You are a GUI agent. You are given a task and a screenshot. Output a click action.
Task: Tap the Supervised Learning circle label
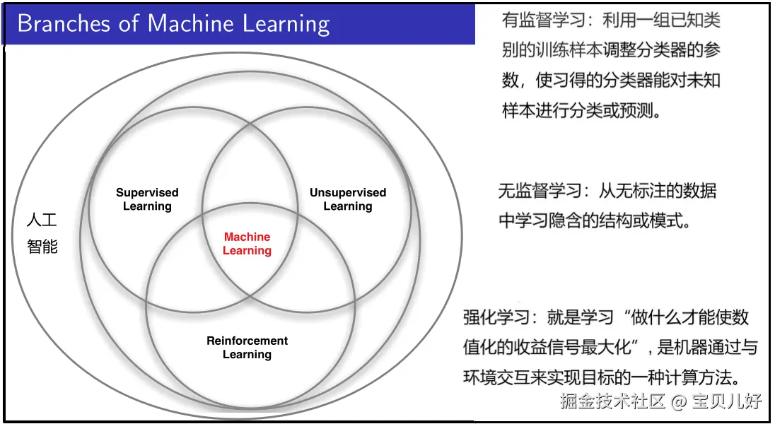tap(147, 199)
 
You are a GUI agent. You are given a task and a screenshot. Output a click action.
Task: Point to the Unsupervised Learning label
tap(348, 199)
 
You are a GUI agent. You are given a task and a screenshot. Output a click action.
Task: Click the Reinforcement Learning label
tap(247, 348)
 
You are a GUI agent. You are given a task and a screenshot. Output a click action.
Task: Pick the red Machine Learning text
tap(247, 244)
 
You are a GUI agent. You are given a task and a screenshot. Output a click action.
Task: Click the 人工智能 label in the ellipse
tap(42, 233)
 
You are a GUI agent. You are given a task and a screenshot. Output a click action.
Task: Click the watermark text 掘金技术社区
tap(612, 402)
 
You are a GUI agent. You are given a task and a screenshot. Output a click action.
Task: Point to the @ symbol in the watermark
tap(679, 402)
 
